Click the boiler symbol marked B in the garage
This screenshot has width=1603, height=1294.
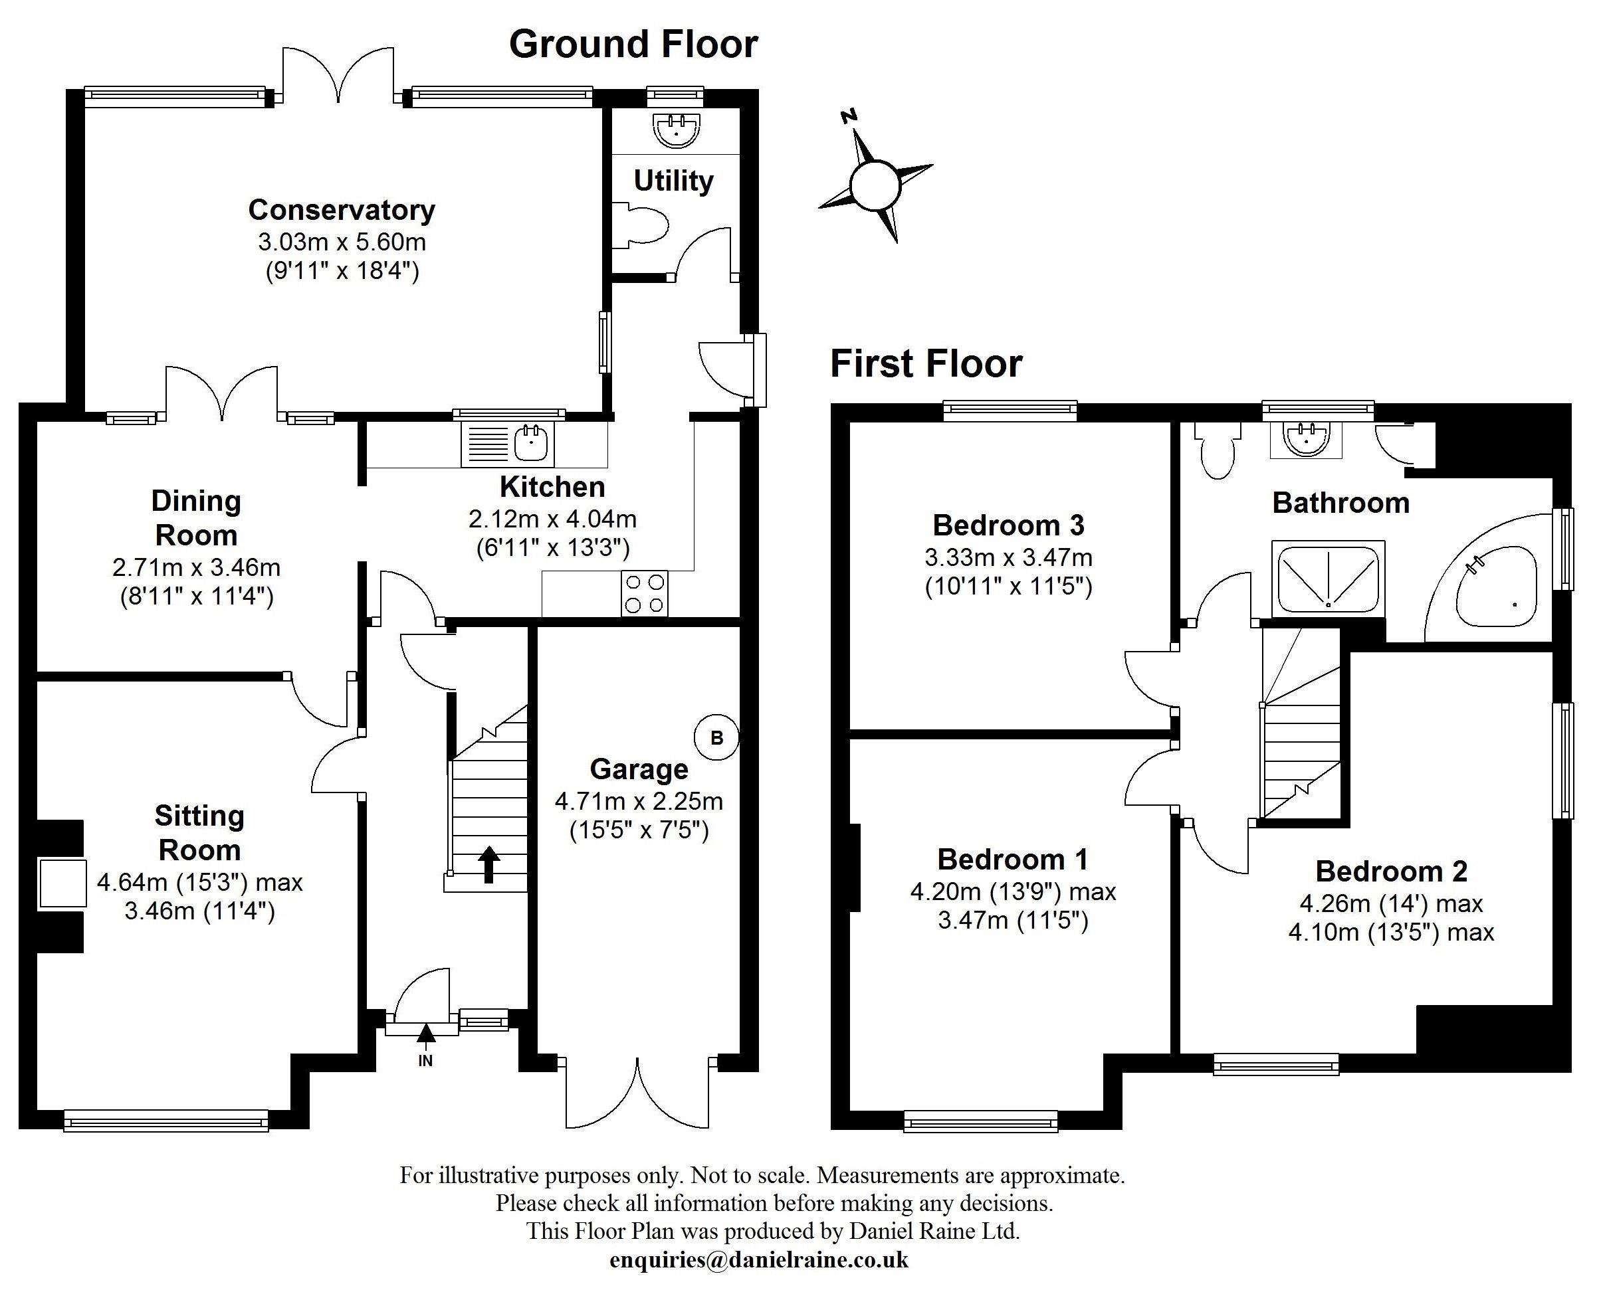pyautogui.click(x=716, y=738)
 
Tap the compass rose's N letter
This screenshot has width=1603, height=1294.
pyautogui.click(x=849, y=116)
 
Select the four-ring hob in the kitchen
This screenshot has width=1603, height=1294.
pyautogui.click(x=645, y=593)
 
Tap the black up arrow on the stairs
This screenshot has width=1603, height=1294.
pyautogui.click(x=488, y=864)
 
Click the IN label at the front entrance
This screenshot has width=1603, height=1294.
pyautogui.click(x=425, y=1062)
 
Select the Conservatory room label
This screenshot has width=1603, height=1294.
pyautogui.click(x=342, y=210)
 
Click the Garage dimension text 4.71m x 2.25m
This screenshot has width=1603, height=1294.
pyautogui.click(x=639, y=801)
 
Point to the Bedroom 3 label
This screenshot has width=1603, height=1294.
pyautogui.click(x=1008, y=525)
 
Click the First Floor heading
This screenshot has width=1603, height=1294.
pyautogui.click(x=926, y=365)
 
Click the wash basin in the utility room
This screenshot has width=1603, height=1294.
pyautogui.click(x=677, y=130)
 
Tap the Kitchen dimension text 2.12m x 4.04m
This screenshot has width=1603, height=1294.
pyautogui.click(x=552, y=519)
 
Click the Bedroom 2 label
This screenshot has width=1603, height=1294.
pyautogui.click(x=1391, y=872)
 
